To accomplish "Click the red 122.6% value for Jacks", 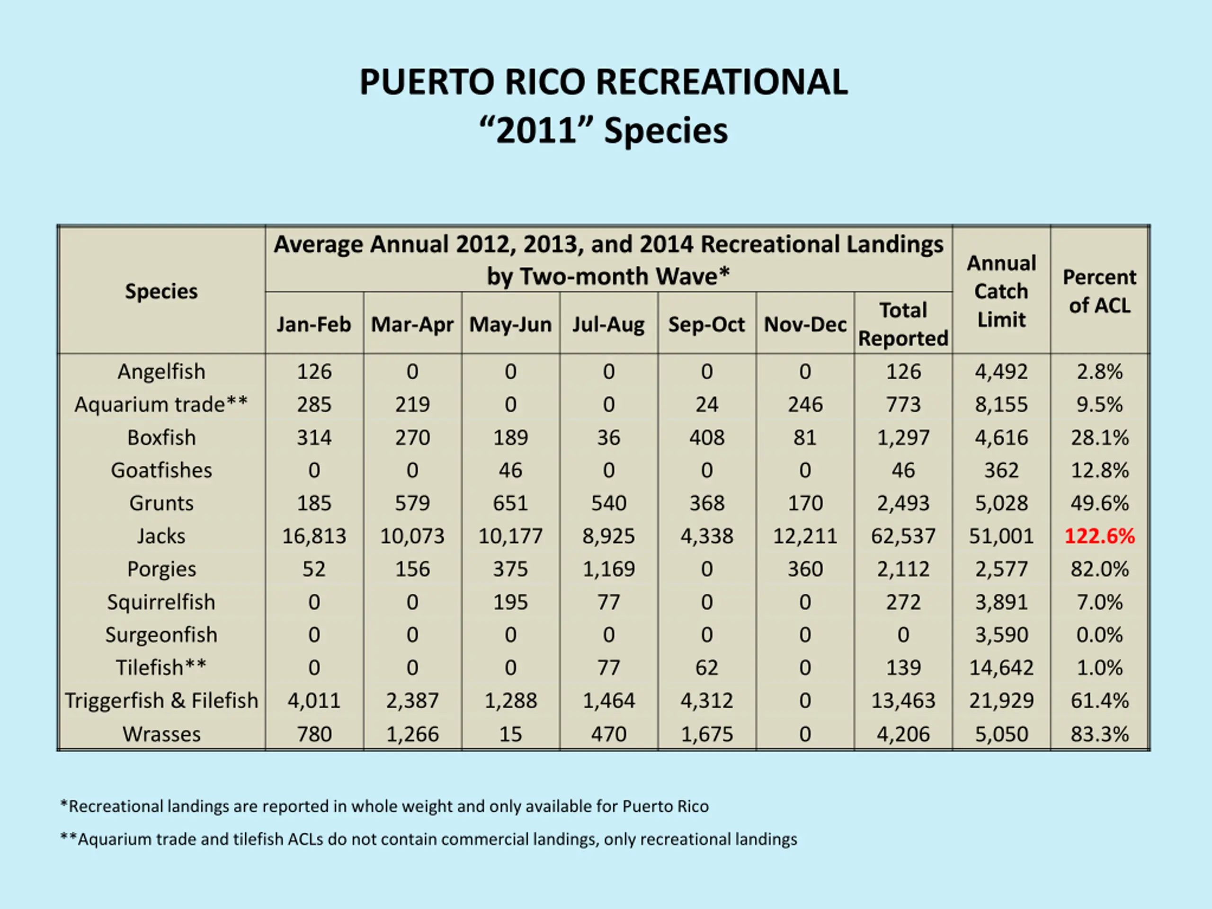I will tap(1099, 536).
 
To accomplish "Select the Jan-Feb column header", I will tap(313, 324).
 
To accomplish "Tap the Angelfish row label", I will tap(161, 372).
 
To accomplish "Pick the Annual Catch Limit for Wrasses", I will tap(1001, 734).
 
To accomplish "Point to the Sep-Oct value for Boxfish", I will tap(706, 437).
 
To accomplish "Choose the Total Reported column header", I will tap(903, 324).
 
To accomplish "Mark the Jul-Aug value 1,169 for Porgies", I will tap(608, 569).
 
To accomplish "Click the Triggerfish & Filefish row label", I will tap(161, 700).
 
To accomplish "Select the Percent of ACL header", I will tap(1099, 291).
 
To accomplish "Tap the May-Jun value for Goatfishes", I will tap(510, 470).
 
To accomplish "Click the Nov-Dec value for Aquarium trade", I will tap(805, 404).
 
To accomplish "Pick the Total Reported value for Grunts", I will tap(903, 503).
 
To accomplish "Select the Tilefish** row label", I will tap(161, 668).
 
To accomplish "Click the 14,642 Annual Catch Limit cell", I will tap(1001, 668).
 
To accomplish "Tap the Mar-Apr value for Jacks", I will tap(412, 536).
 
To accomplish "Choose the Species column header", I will tap(161, 291).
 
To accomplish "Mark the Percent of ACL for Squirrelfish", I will tap(1099, 602).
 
